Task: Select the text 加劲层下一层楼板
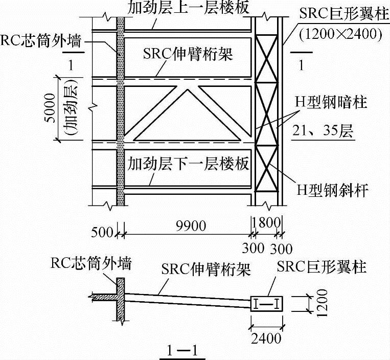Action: [188, 164]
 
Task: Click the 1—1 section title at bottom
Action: [182, 351]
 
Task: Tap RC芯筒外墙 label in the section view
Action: [91, 263]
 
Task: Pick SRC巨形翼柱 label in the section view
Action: [322, 266]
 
